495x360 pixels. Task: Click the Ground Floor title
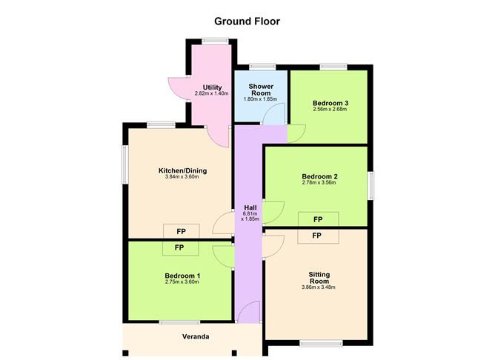[247, 21]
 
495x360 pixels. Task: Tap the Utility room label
[213, 87]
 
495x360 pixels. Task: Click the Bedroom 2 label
[319, 176]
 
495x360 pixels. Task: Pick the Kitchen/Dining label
[182, 170]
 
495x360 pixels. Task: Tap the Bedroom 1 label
[182, 276]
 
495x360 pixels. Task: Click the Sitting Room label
[319, 278]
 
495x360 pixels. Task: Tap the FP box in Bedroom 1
[179, 247]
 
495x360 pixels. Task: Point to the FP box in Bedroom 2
[318, 220]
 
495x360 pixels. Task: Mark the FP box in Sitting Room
[316, 236]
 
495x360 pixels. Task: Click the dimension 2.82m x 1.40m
[213, 94]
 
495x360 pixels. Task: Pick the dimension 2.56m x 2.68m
[330, 109]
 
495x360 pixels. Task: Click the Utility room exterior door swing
[176, 88]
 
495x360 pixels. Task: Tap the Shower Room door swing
[274, 114]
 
